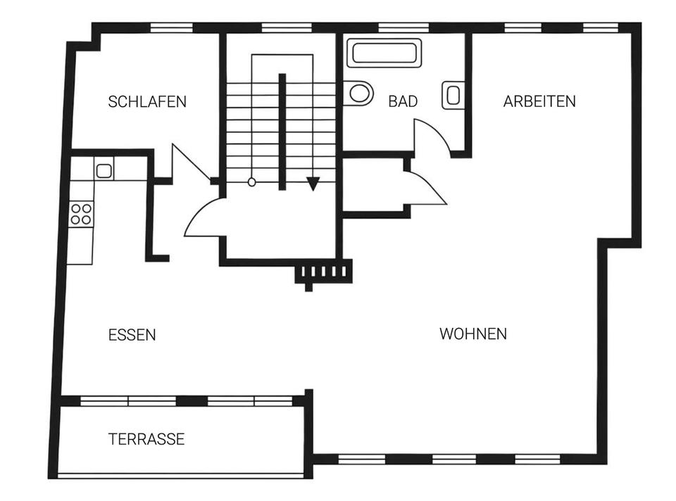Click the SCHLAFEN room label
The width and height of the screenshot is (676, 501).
[147, 101]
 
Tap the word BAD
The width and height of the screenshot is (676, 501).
[403, 101]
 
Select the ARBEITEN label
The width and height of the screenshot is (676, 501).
[539, 101]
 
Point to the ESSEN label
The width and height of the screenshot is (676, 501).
[132, 335]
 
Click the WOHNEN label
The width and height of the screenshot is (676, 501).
[473, 334]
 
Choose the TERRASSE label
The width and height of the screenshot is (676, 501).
[146, 439]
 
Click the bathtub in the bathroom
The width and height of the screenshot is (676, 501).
[384, 53]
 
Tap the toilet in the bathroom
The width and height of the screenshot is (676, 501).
[358, 93]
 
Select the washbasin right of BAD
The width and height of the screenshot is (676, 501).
[453, 95]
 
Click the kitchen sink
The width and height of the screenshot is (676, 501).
[104, 170]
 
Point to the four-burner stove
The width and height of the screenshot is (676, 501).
[81, 214]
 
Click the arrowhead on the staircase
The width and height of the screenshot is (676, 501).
[313, 184]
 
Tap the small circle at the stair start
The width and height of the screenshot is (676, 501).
[252, 183]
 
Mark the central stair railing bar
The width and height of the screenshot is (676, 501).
[282, 132]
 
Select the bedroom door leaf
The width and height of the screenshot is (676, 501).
[191, 162]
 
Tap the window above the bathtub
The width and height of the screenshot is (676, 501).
[403, 27]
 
